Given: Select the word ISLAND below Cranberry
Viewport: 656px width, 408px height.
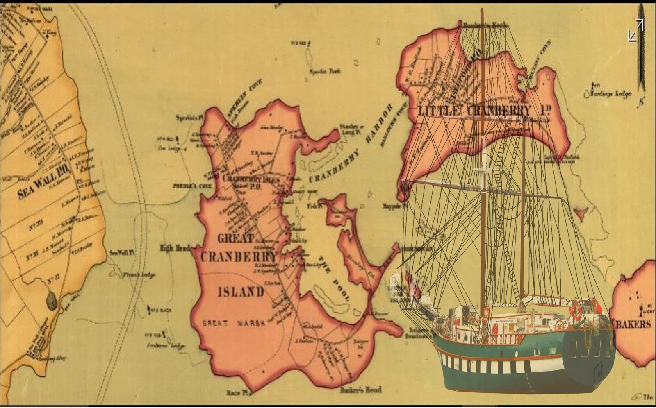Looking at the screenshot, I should tap(241, 292).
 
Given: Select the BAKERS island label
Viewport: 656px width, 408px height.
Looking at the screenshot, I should tap(634, 324).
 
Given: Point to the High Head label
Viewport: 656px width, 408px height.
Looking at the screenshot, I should tap(175, 248).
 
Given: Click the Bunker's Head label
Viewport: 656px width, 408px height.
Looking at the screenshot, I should tap(361, 390).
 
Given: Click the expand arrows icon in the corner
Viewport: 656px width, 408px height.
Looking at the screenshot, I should tap(636, 30).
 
